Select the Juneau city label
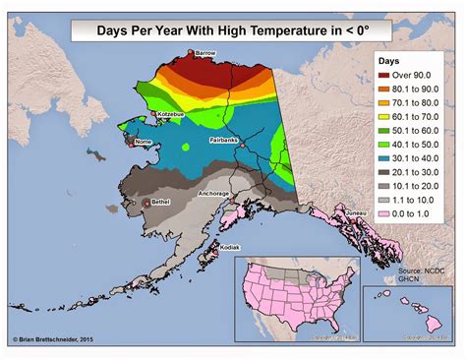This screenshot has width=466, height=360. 357,212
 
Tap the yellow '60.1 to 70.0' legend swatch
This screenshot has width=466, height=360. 384,119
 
